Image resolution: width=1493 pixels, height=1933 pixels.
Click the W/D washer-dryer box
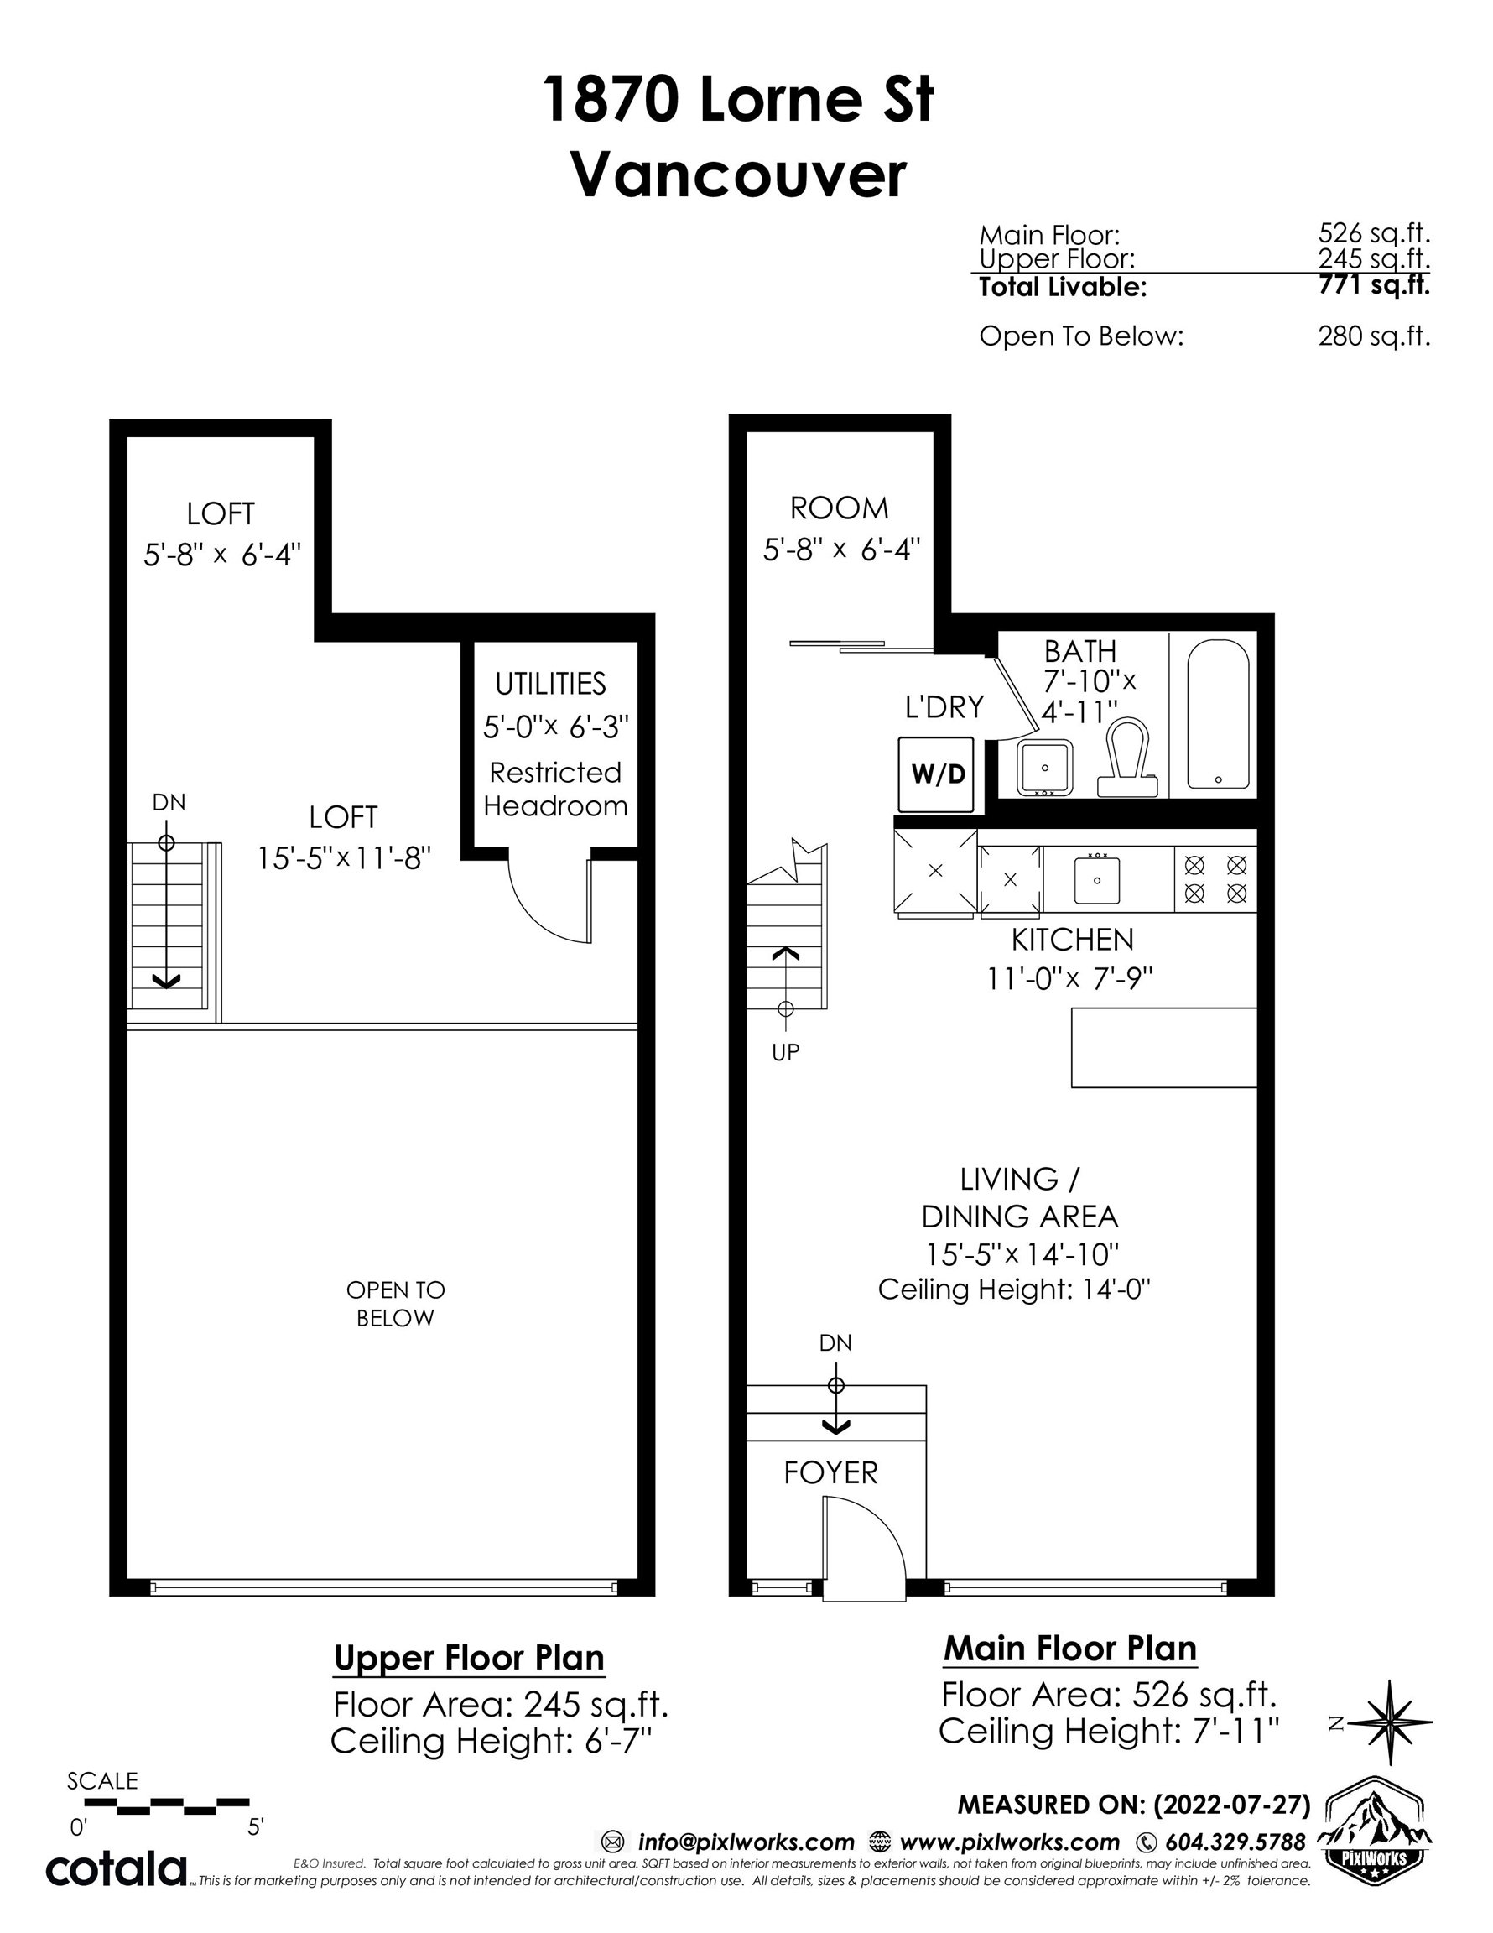pos(935,774)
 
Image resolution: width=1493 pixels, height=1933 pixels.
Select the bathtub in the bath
pos(1217,713)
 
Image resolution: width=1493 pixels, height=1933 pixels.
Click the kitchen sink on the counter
pos(1097,879)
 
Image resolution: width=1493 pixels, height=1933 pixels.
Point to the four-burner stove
pos(1216,879)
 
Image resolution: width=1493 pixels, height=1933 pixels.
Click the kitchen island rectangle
pos(1163,1047)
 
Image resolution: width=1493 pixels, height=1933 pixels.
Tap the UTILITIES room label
pos(550,683)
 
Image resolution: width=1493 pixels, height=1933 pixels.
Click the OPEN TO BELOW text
pos(396,1304)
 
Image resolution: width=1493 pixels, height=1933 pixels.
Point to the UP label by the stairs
pos(785,1051)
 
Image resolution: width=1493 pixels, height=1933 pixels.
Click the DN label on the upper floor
pos(169,802)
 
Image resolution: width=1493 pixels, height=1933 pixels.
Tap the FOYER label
pos(831,1472)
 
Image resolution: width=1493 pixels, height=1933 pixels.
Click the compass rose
pos(1392,1722)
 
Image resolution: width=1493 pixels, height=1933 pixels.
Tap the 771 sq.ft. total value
pos(1374,285)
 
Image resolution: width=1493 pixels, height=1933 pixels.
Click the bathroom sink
pos(1045,768)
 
